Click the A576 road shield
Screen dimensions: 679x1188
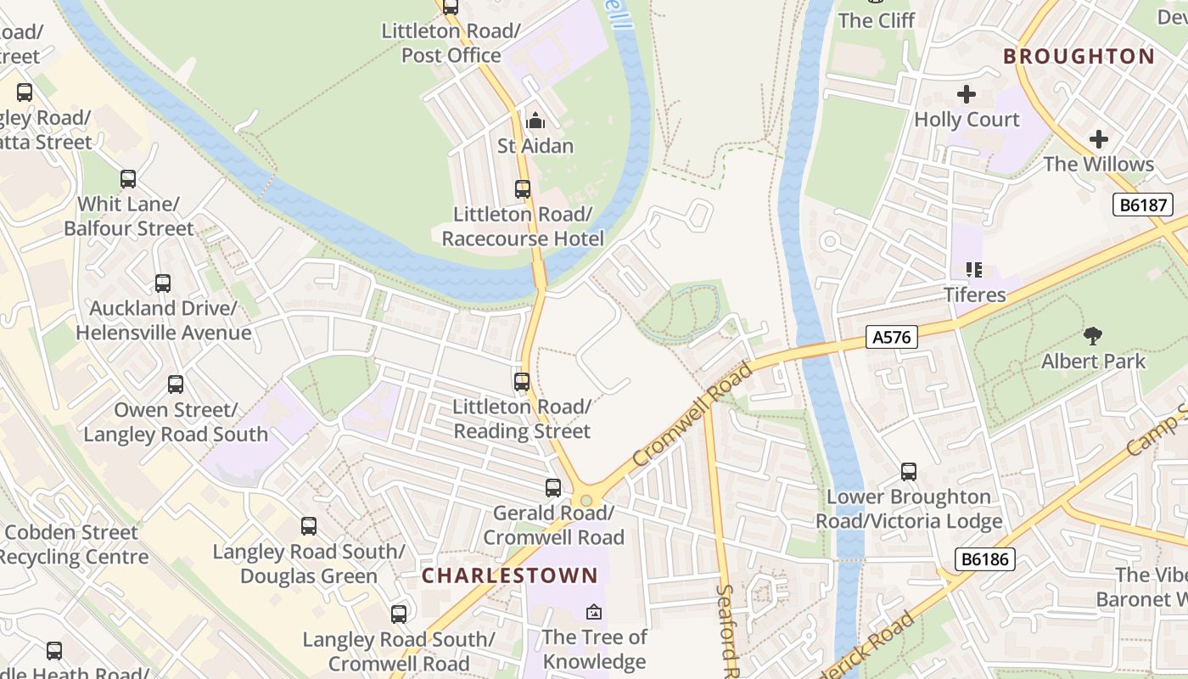(892, 337)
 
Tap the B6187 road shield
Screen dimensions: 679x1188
(1143, 204)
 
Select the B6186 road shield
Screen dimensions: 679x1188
(984, 559)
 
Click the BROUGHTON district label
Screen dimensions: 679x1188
(1079, 57)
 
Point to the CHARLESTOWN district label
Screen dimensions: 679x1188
(510, 575)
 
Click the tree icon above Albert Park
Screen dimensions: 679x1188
(1093, 336)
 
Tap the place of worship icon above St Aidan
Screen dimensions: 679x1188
(535, 121)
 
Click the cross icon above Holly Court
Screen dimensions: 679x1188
(967, 94)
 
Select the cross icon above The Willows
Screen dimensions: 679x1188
(1098, 139)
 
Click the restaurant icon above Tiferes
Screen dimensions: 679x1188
(974, 270)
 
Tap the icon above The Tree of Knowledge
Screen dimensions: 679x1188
(594, 611)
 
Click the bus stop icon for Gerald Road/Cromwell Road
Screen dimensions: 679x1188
(553, 488)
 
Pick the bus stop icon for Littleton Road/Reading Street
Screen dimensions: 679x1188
(522, 382)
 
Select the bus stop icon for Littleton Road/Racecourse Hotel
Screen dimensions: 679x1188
(523, 189)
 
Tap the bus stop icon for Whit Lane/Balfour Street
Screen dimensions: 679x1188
(128, 179)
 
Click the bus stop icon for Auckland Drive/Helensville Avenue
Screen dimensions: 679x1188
(163, 283)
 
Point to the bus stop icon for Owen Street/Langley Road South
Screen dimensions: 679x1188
(176, 384)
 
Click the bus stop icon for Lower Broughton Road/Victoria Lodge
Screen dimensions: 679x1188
(909, 472)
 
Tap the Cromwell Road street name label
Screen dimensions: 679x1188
(692, 414)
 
